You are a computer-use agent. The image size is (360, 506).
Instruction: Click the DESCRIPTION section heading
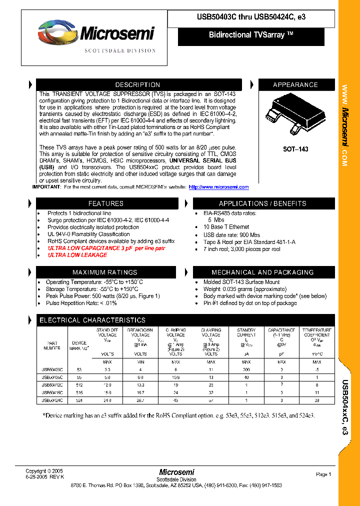point(138,85)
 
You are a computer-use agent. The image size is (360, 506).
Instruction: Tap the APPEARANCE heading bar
point(295,85)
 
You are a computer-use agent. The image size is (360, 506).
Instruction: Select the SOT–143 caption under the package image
point(295,149)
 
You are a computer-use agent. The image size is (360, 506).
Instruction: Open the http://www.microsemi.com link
point(218,187)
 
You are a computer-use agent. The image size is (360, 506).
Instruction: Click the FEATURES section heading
point(105,203)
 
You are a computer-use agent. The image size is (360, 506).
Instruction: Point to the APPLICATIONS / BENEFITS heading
point(262,203)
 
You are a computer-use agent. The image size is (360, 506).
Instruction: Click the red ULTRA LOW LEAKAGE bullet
point(77,255)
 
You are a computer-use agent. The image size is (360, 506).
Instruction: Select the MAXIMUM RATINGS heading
point(105,272)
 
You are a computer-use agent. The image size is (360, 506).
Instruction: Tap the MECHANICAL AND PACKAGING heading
point(262,272)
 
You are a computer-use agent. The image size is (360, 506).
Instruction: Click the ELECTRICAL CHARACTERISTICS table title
point(92,320)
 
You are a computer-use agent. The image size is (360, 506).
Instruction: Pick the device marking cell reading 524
point(79,400)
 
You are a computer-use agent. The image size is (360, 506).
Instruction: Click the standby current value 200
point(246,369)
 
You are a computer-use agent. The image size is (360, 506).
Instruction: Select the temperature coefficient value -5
point(317,369)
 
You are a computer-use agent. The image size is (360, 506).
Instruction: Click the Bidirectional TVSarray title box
point(251,35)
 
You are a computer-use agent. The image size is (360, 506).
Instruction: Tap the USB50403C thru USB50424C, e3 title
point(251,17)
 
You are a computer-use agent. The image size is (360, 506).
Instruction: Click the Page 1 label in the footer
point(323,474)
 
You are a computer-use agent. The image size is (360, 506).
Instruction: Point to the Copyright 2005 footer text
point(44,471)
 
